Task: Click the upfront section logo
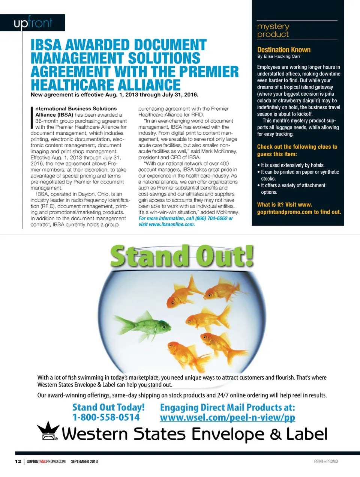pyautogui.click(x=33, y=23)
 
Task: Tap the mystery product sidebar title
pyautogui.click(x=273, y=30)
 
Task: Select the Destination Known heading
pyautogui.click(x=284, y=50)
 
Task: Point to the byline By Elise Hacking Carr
pyautogui.click(x=279, y=56)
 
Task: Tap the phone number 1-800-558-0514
pyautogui.click(x=106, y=417)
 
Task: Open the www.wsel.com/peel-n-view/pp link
pyautogui.click(x=227, y=417)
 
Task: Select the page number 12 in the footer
pyautogui.click(x=18, y=461)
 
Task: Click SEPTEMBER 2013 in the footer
pyautogui.click(x=84, y=461)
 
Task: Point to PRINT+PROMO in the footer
pyautogui.click(x=325, y=461)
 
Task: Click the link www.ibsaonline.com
pyautogui.click(x=172, y=224)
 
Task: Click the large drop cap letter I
pyautogui.click(x=32, y=117)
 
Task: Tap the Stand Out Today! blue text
pyautogui.click(x=108, y=408)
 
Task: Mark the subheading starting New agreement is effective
pyautogui.click(x=114, y=95)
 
